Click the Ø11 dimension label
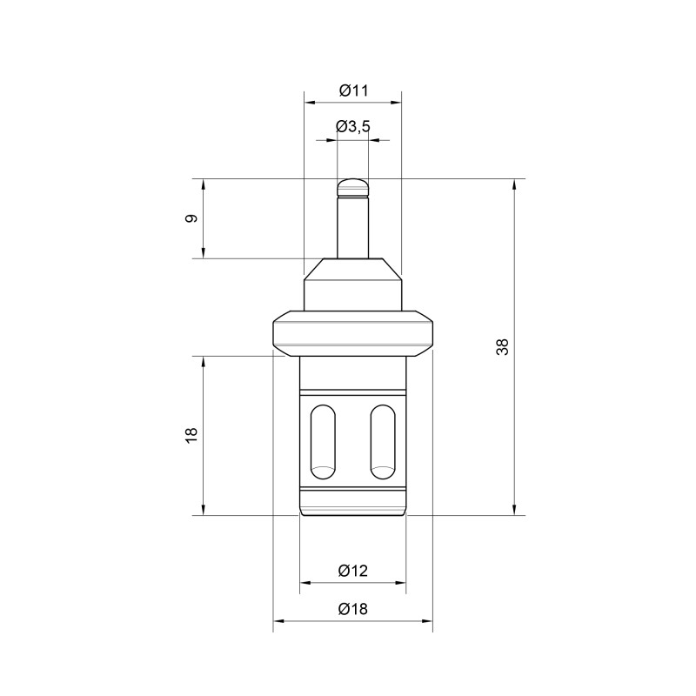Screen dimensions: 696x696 click(x=353, y=90)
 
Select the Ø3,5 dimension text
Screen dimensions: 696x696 click(x=353, y=127)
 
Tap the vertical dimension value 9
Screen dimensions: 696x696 click(x=191, y=218)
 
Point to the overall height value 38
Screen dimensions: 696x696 click(x=502, y=346)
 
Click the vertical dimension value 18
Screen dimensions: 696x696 click(x=191, y=435)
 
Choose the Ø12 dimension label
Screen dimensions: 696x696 click(x=353, y=571)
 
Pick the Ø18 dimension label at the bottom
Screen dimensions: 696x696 click(x=353, y=609)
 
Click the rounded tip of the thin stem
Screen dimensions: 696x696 click(x=353, y=185)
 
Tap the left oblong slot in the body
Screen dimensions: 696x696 click(x=323, y=441)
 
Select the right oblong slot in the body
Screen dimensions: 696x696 click(x=383, y=441)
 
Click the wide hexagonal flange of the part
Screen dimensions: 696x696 click(x=353, y=331)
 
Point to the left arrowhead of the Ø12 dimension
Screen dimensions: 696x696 click(x=304, y=583)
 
